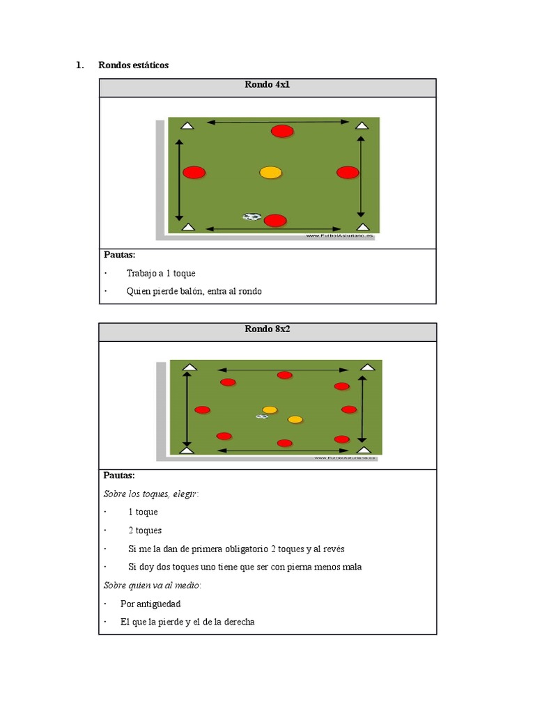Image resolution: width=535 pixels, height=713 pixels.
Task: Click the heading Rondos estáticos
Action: (x=133, y=65)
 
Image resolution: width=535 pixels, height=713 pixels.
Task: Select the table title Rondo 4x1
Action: (x=267, y=84)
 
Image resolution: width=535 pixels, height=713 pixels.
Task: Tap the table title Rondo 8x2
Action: (x=267, y=329)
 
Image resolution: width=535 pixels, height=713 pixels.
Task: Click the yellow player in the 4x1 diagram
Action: (x=270, y=173)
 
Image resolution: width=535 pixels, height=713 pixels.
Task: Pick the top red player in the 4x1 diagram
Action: (x=282, y=131)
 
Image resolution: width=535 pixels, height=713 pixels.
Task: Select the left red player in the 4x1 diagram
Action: (x=194, y=172)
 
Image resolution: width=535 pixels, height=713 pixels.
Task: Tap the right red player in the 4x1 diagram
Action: (x=348, y=172)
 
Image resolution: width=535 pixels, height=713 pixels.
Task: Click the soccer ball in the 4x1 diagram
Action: (x=252, y=217)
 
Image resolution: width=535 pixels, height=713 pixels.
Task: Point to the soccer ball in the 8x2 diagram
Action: (x=262, y=416)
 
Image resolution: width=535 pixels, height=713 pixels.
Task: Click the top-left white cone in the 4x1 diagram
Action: (x=187, y=125)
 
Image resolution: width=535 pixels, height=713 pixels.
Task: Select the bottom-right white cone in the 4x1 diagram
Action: (x=362, y=226)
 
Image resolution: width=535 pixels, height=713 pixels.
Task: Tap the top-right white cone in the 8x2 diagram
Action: (x=367, y=367)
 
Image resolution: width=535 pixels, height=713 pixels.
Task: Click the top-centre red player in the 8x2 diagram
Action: (x=284, y=375)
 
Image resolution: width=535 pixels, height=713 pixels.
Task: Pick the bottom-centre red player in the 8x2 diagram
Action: (x=284, y=443)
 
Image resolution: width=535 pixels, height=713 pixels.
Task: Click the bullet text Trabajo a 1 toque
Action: (x=161, y=273)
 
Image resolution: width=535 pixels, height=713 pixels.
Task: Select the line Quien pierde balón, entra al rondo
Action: (x=194, y=291)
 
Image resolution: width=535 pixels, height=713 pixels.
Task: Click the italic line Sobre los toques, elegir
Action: (x=150, y=494)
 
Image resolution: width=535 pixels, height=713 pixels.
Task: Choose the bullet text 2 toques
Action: (x=145, y=530)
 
